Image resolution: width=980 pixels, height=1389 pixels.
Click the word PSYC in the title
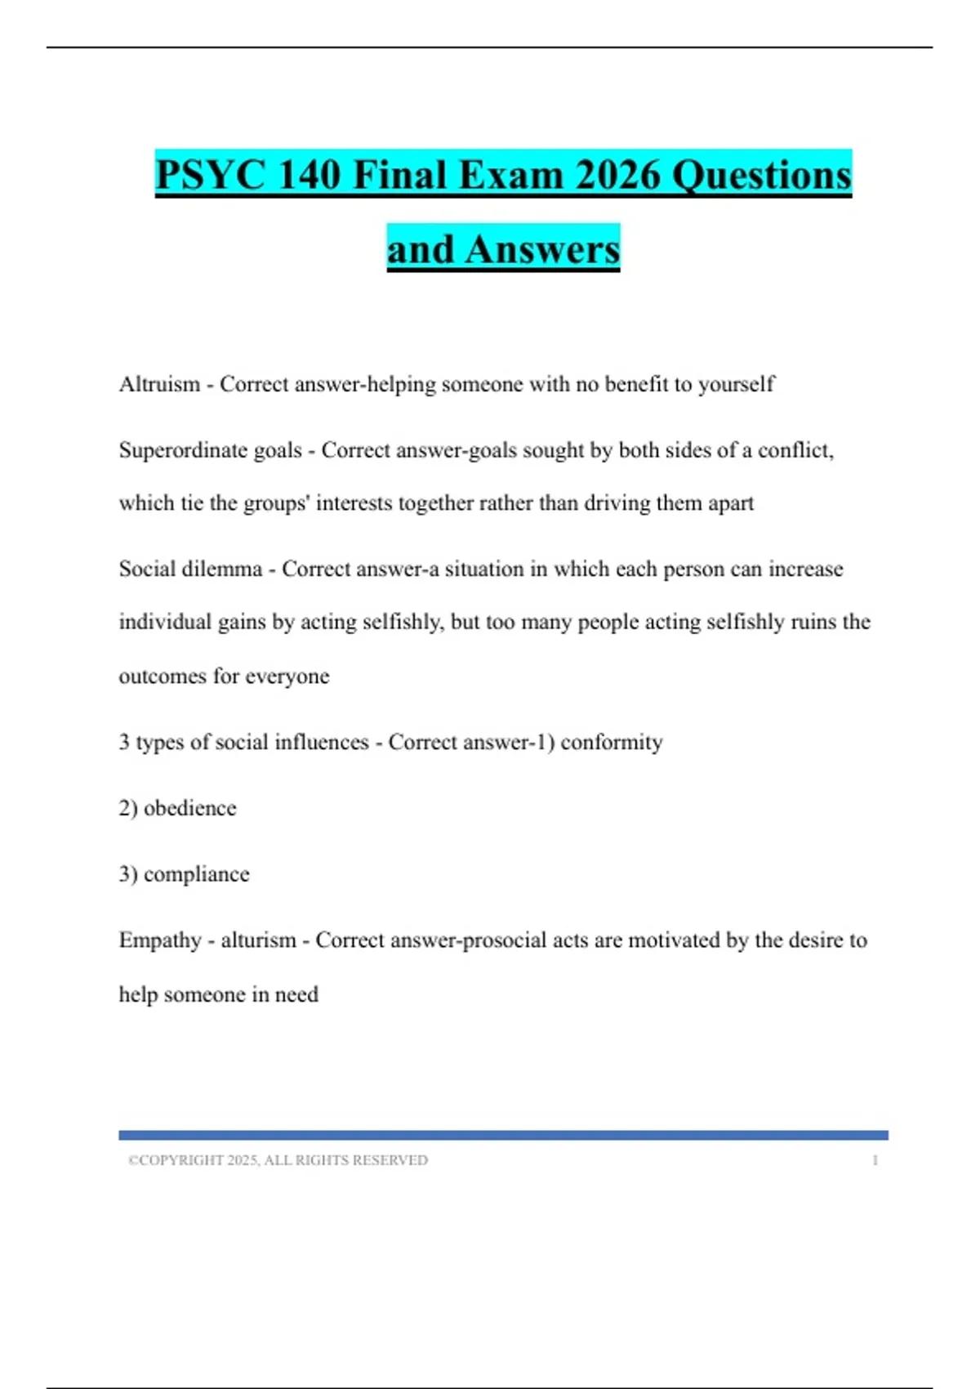tap(210, 175)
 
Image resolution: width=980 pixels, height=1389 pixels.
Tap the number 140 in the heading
tap(309, 175)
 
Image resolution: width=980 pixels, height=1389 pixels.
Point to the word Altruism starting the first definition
tap(159, 384)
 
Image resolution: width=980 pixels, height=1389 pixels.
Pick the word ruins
tap(812, 622)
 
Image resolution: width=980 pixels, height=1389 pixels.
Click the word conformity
tap(611, 742)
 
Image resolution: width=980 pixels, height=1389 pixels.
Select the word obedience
tap(189, 808)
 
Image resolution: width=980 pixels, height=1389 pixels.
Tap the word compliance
tap(196, 874)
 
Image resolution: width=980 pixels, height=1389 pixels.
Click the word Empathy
tap(159, 940)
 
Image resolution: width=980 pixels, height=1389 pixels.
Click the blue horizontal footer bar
tap(503, 1135)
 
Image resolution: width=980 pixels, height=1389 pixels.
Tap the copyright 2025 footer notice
tap(278, 1160)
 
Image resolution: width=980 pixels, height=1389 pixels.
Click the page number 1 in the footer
tap(875, 1160)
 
